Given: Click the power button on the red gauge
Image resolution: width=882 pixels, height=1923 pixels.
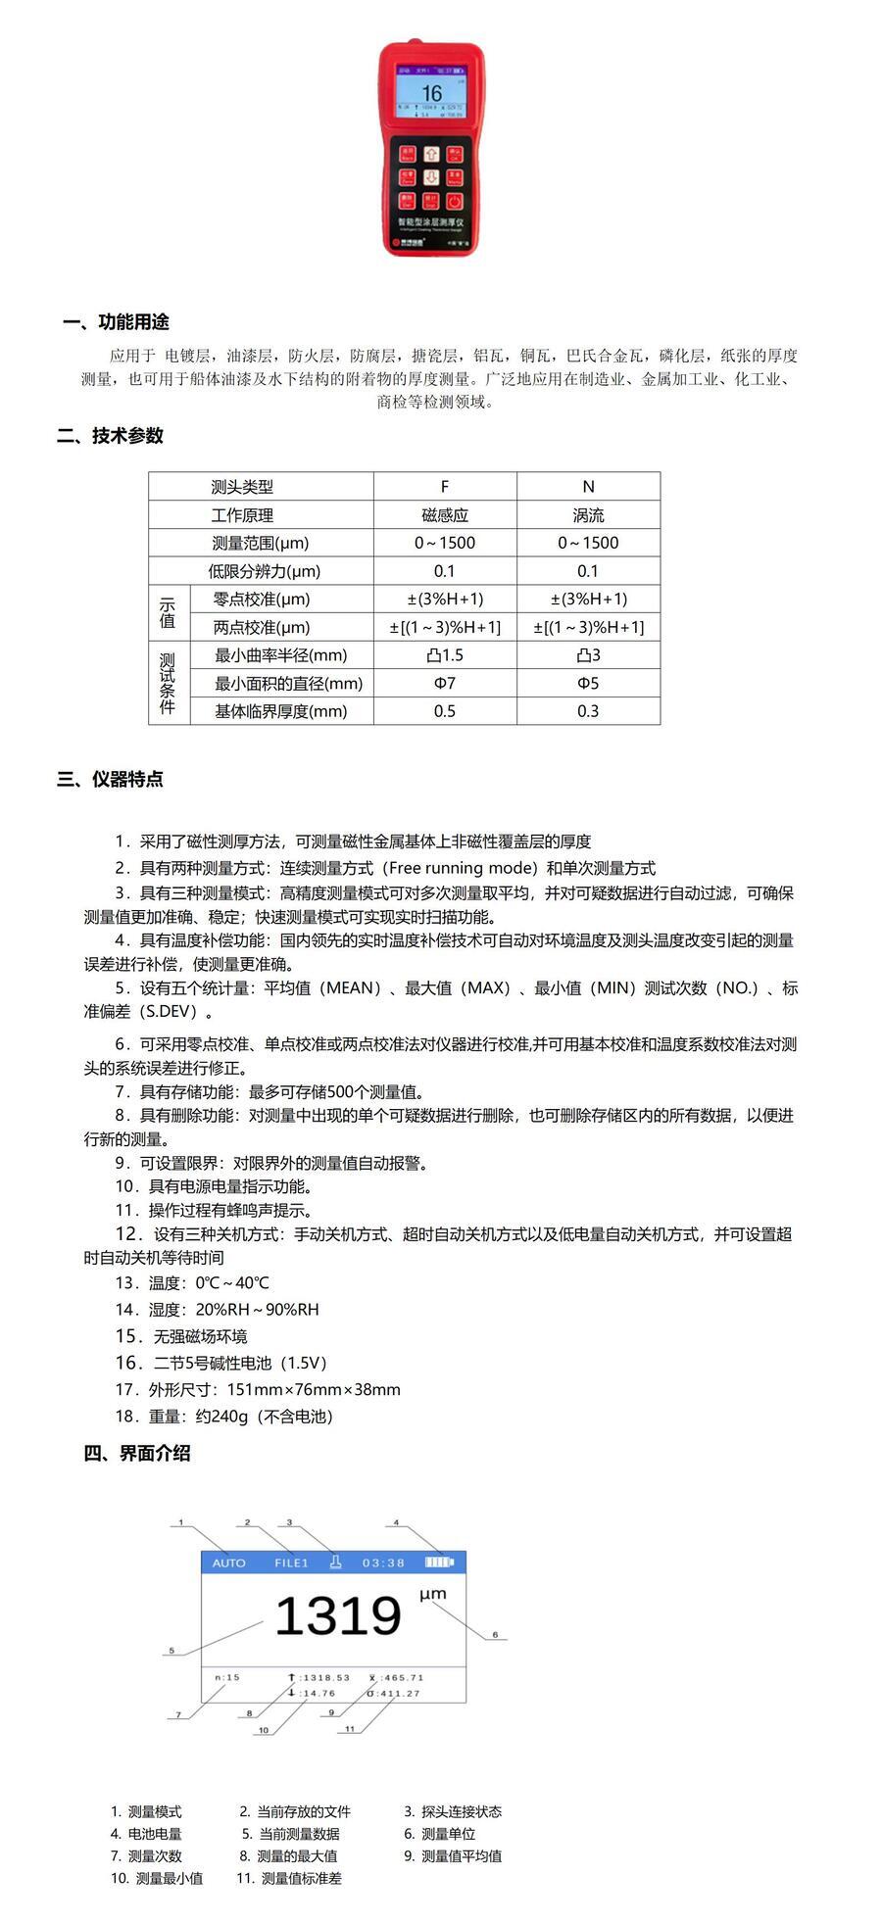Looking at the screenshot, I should pos(455,202).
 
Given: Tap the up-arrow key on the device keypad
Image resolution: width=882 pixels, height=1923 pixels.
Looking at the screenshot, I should pos(431,155).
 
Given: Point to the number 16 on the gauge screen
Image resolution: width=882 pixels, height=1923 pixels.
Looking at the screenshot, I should pos(431,94).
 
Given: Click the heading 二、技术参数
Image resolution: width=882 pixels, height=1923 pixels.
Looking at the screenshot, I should pos(110,436).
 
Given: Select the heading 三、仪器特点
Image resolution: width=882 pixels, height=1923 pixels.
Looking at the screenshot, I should pos(110,780).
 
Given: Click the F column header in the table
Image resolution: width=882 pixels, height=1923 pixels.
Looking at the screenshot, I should pos(445,487).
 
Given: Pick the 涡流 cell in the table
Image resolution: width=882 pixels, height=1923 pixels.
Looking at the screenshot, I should pos(588,515).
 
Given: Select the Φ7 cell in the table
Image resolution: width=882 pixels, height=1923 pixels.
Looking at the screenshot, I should pos(445,684).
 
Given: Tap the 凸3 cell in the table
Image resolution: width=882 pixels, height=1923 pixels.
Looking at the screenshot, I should pos(588,655).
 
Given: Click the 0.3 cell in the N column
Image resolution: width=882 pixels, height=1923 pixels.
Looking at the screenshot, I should pos(588,711).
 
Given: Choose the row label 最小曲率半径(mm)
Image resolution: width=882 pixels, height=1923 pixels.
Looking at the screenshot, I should pos(280,655).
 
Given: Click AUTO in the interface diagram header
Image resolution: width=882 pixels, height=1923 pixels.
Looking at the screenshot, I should pos(229,1562).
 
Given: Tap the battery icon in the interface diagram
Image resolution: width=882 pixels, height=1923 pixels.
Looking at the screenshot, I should pos(440,1562).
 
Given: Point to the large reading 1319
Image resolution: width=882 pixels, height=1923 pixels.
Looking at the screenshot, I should pos(338,1616).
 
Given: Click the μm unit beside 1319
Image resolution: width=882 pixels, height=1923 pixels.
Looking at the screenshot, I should pos(433,1594).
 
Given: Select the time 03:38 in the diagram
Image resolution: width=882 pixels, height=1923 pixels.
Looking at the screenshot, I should pos(383,1562).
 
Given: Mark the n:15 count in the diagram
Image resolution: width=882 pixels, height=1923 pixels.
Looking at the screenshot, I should pos(227,1677).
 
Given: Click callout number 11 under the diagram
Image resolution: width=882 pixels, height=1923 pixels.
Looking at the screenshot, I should pos(350,1729).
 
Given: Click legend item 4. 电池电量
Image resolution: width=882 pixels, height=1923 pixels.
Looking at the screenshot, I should pos(146,1834).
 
